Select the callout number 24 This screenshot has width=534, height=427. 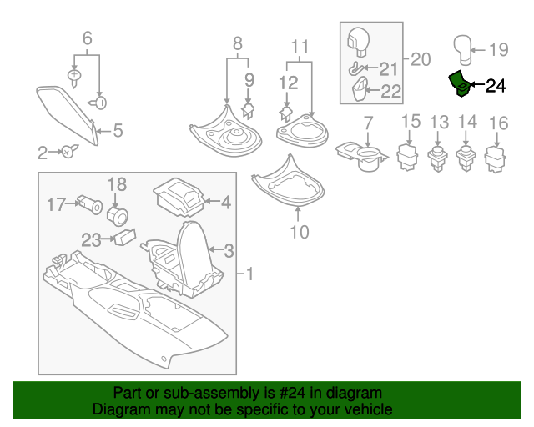[x=496, y=85]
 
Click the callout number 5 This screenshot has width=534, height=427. [x=118, y=130]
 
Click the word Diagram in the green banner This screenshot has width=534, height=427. [x=117, y=410]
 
